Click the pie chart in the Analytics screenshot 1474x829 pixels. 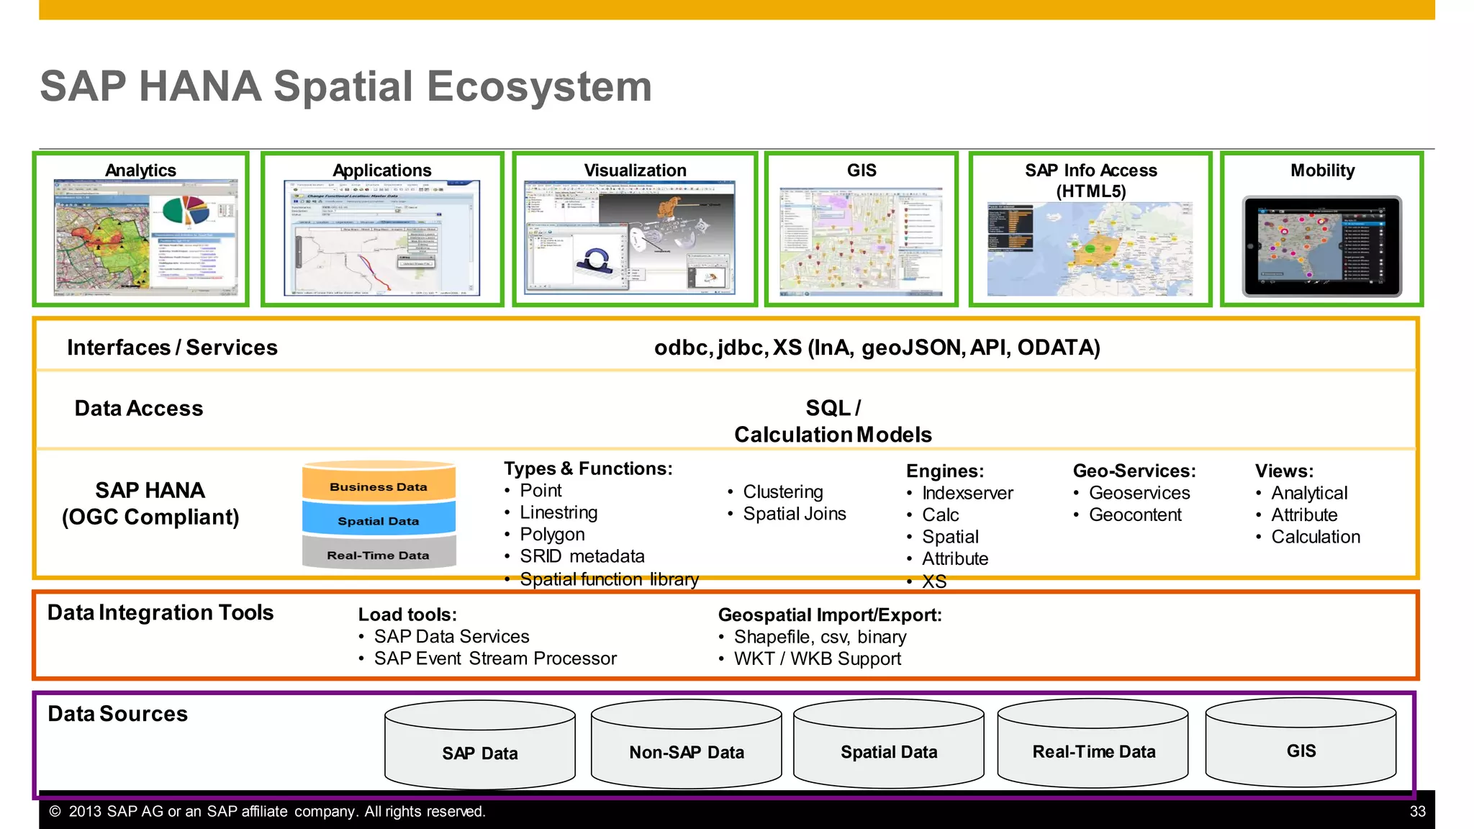click(186, 211)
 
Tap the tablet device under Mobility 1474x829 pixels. click(1322, 247)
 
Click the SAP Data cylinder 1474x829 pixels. click(480, 753)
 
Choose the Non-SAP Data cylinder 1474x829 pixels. click(687, 752)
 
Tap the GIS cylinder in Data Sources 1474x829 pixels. click(1301, 751)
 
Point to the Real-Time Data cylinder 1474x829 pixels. click(1093, 751)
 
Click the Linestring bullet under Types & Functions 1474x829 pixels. click(559, 512)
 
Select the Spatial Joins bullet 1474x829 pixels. click(794, 514)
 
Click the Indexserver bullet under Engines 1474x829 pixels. click(967, 493)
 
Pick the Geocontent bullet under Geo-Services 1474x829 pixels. click(1135, 515)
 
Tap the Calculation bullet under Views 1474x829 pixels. click(1315, 537)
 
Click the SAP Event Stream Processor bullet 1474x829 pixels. click(495, 658)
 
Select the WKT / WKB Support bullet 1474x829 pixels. click(817, 658)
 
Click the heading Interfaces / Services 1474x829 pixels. click(172, 348)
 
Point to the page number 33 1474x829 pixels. click(1417, 812)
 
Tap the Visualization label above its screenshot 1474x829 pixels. click(635, 171)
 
